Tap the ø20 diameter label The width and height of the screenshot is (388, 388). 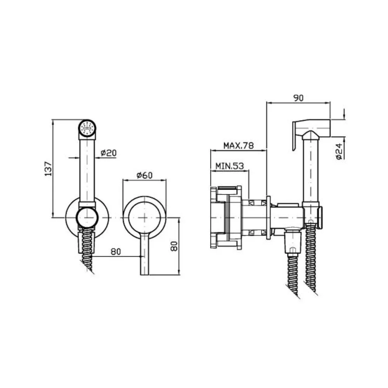(x=108, y=153)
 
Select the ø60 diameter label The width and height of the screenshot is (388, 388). (x=144, y=175)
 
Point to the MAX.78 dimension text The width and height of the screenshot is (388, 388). (x=239, y=145)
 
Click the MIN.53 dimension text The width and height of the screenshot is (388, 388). (x=229, y=166)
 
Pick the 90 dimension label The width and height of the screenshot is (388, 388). (x=298, y=98)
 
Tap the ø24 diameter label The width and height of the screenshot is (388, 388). (x=339, y=151)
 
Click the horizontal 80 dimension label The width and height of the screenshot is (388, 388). (x=116, y=252)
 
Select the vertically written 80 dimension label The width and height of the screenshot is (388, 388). (x=175, y=246)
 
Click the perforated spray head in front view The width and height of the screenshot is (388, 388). (x=87, y=129)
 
